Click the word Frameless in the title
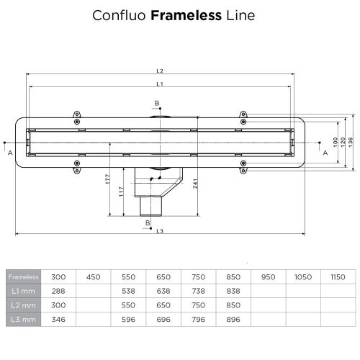click(180, 14)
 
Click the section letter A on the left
click(10, 153)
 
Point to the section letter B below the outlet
click(147, 223)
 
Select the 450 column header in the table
click(93, 276)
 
